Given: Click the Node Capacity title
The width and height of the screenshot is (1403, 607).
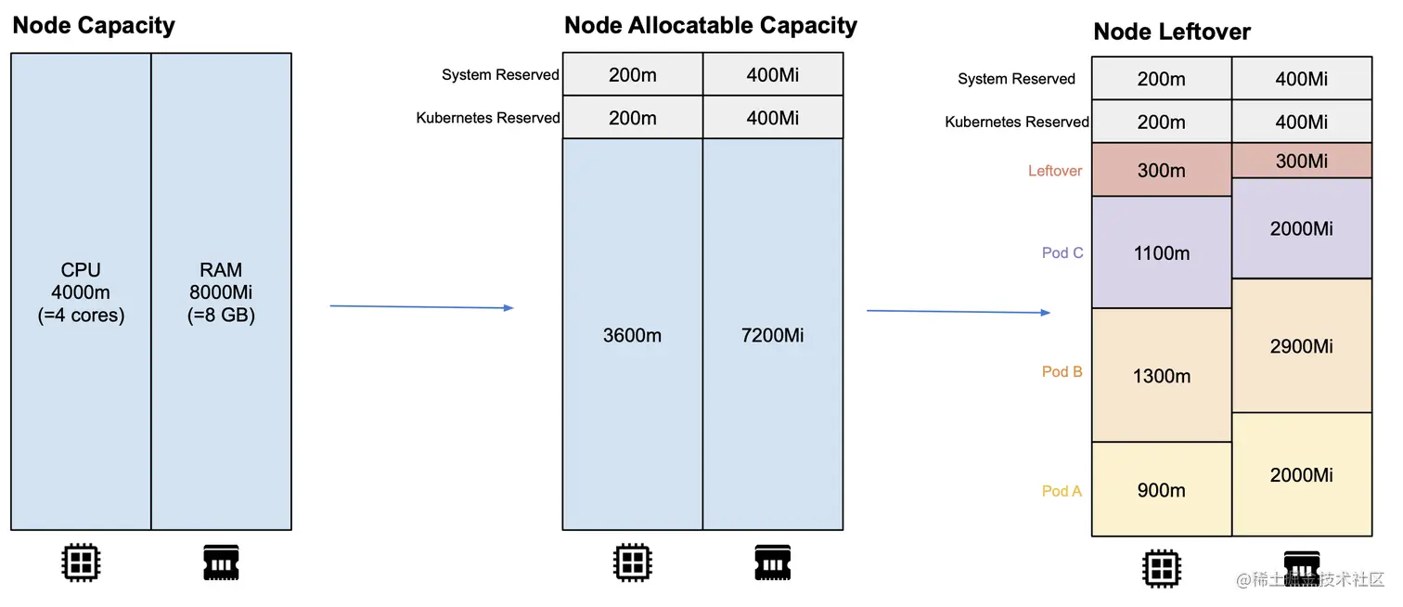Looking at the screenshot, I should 94,25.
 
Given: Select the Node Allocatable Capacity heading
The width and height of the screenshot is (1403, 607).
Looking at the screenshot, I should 711,25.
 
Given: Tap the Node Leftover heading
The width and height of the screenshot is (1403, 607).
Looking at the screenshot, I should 1172,32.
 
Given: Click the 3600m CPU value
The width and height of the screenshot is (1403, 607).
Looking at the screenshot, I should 632,335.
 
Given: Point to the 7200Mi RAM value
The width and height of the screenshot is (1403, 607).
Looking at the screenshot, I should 772,335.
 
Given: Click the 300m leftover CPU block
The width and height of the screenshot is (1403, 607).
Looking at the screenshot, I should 1161,171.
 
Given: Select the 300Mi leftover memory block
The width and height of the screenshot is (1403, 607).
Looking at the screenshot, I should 1301,161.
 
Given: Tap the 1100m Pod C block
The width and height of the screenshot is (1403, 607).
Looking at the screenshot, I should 1161,253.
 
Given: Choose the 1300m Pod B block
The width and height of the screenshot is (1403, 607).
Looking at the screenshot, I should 1161,376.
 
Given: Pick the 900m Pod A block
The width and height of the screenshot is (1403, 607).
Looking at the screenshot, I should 1161,490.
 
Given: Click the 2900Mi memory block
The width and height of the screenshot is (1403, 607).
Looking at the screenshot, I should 1301,346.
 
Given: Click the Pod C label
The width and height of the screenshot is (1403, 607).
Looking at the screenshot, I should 1062,252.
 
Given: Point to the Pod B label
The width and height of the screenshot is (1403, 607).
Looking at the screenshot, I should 1062,371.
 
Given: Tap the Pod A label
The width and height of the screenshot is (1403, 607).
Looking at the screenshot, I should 1062,491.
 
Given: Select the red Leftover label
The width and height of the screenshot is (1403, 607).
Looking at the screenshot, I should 1055,171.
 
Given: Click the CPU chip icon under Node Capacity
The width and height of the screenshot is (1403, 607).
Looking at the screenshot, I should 81,562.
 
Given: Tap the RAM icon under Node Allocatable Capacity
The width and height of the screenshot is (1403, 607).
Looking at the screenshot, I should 772,562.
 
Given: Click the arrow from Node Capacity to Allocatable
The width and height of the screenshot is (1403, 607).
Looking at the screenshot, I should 421,306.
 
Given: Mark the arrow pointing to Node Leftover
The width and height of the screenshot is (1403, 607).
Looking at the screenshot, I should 958,312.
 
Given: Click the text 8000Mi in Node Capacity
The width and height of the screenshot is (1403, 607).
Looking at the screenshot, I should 221,292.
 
